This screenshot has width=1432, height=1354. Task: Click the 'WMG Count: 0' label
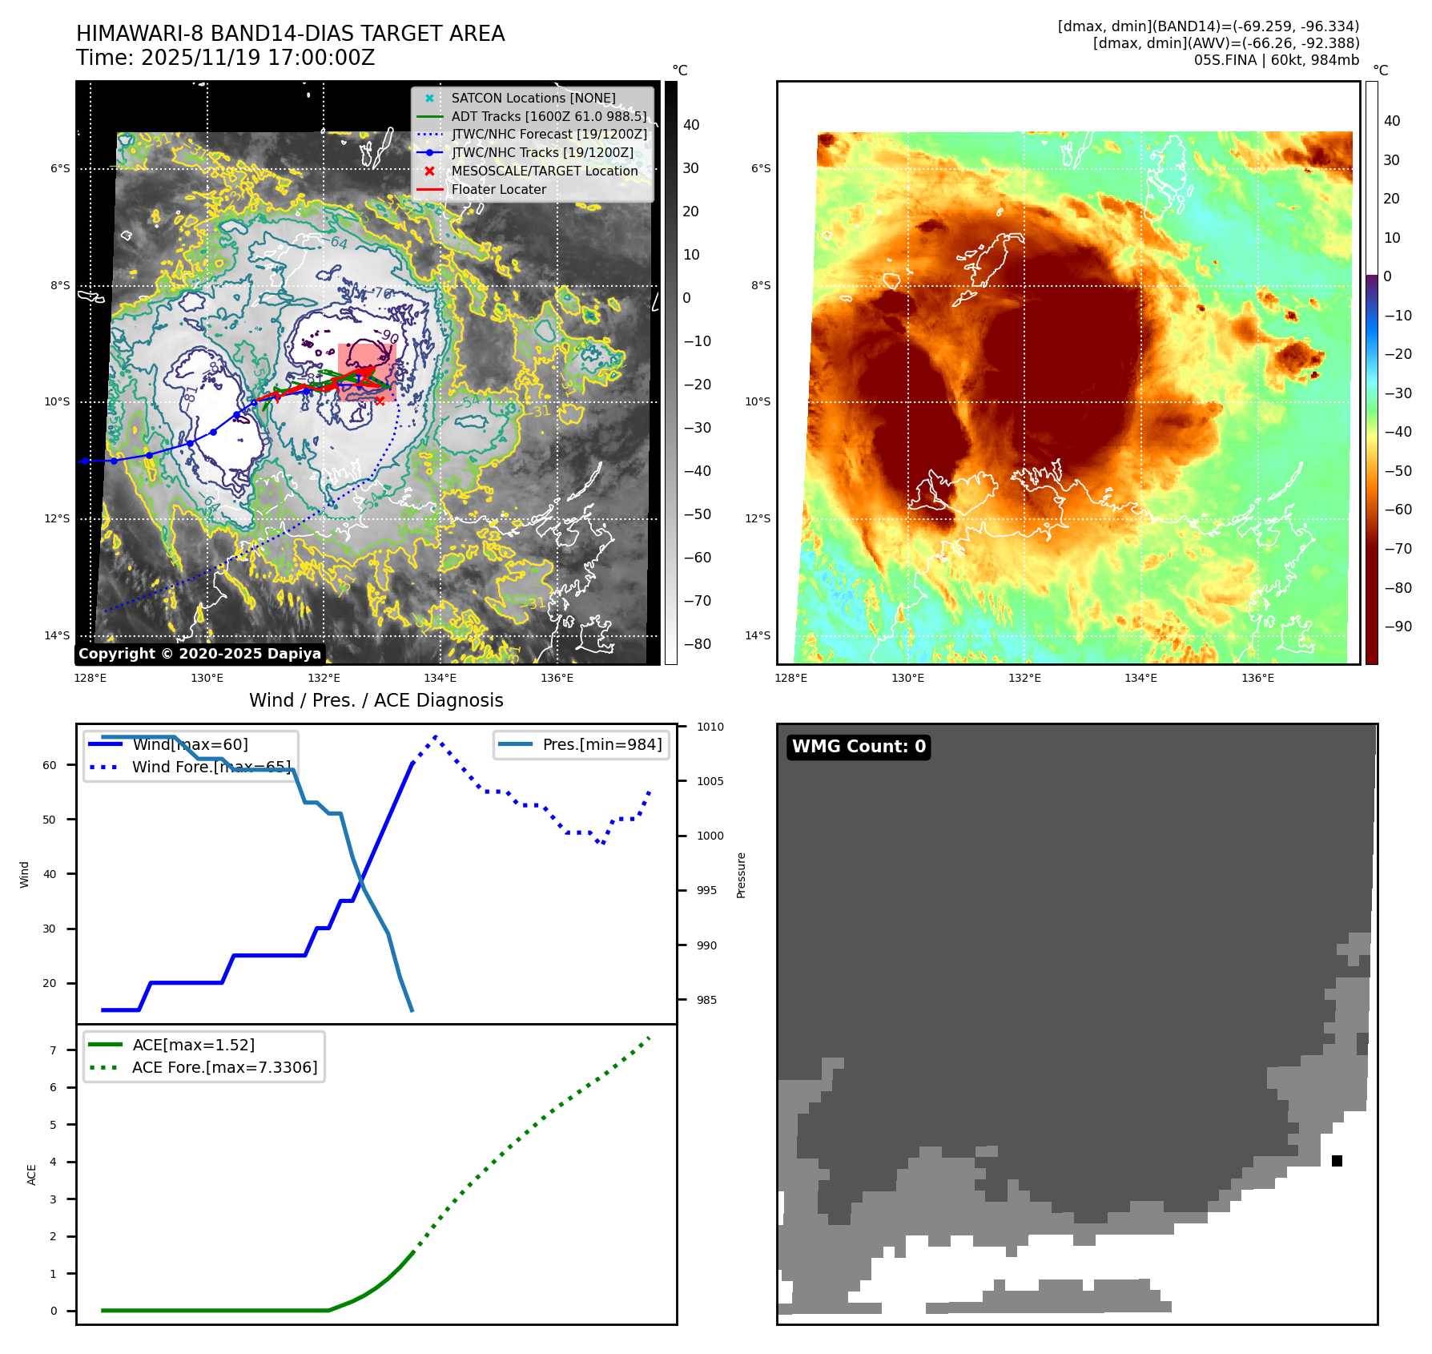click(x=859, y=747)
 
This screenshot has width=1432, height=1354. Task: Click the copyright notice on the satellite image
click(x=199, y=654)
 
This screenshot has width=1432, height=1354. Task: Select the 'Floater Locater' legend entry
click(x=498, y=190)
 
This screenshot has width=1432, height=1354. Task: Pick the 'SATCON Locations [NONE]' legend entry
click(x=533, y=99)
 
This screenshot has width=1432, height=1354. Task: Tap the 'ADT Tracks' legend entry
click(x=549, y=117)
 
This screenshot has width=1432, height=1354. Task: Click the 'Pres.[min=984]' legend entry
click(x=601, y=745)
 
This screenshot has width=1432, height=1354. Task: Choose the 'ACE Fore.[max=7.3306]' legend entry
click(x=224, y=1068)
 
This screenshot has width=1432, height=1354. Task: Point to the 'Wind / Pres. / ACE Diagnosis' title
click(x=376, y=700)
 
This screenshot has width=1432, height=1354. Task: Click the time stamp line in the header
click(x=226, y=58)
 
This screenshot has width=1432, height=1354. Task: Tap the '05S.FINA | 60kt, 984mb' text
click(x=1277, y=60)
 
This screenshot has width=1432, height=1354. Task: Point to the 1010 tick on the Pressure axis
click(x=710, y=727)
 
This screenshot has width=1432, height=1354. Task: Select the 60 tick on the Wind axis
click(x=50, y=765)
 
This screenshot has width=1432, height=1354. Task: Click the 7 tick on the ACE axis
click(x=54, y=1050)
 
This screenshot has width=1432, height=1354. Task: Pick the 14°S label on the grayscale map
click(x=57, y=636)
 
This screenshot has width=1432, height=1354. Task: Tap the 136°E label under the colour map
click(x=1257, y=679)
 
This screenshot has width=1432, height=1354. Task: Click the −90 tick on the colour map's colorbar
click(x=1398, y=627)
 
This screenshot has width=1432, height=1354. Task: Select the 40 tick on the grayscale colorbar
click(x=691, y=125)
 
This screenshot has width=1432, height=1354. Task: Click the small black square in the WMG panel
click(x=1337, y=1161)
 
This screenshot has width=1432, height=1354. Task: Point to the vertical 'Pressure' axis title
click(x=742, y=875)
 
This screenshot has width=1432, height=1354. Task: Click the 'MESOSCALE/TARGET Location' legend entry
click(x=545, y=171)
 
